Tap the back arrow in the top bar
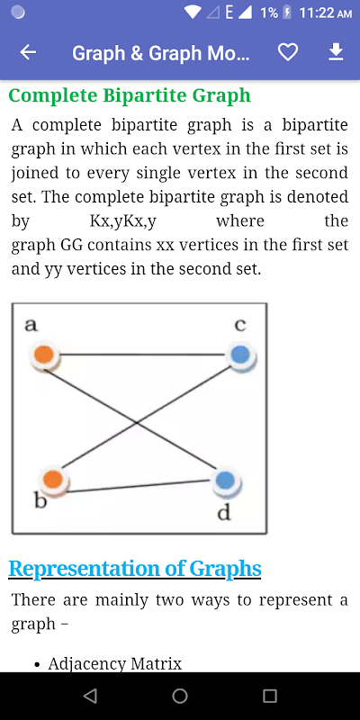pos(28,53)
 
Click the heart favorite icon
pos(288,53)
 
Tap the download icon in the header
pos(336,52)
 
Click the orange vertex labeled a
pos(44,355)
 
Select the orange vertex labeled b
pos(54,480)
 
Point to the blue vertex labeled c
pos(241,355)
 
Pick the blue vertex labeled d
pos(226,481)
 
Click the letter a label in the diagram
pos(31,325)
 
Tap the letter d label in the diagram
pos(223,512)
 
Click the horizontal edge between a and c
pos(143,355)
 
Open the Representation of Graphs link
pos(135,569)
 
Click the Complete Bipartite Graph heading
pos(130,95)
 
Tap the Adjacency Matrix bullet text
pos(115,663)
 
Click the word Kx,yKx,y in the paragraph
pos(123,221)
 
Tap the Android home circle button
pos(180,696)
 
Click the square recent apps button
pos(270,696)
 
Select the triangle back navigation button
pos(90,696)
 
